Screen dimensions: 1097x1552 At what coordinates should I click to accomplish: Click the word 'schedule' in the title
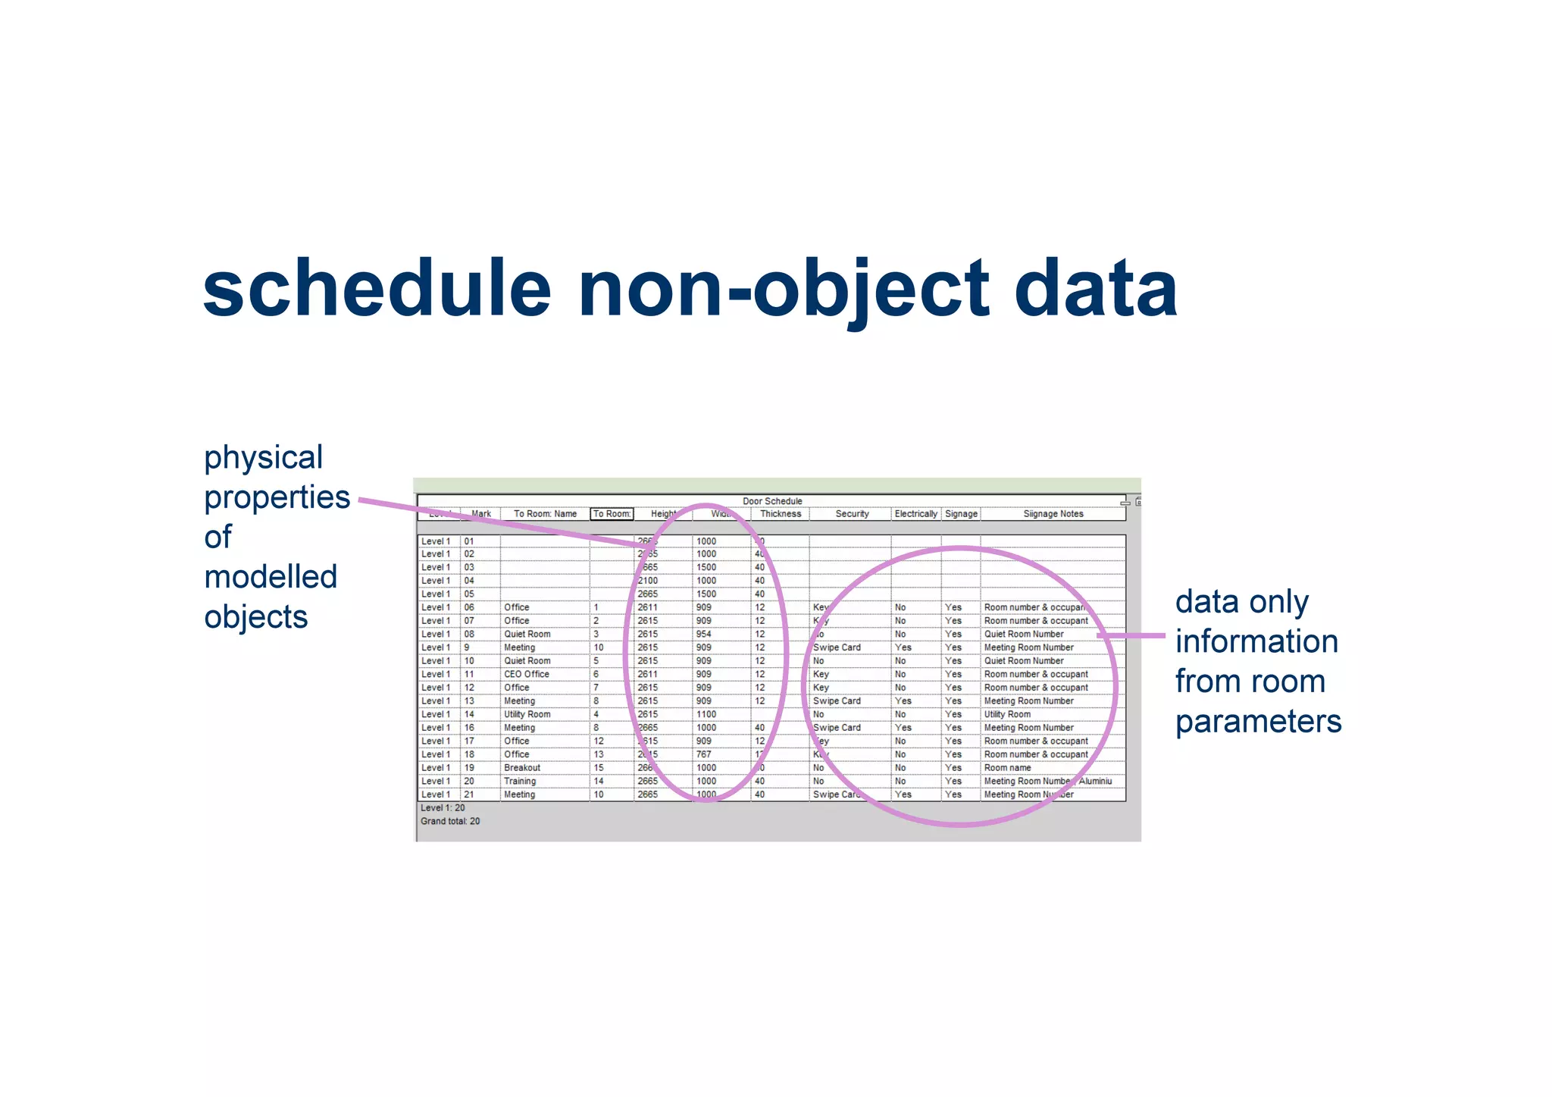[377, 289]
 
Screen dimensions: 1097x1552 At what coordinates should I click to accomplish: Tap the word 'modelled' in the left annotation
[271, 577]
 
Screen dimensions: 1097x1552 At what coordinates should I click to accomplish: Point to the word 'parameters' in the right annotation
[1258, 721]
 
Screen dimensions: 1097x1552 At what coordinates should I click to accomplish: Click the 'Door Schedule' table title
[771, 501]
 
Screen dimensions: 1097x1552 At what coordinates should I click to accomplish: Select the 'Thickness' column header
[780, 514]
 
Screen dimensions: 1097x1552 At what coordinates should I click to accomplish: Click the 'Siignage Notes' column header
[1053, 514]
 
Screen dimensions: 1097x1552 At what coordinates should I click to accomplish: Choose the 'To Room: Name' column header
[545, 514]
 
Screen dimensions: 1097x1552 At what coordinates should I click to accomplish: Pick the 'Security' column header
[852, 514]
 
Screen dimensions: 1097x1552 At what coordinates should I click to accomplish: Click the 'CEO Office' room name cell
[526, 674]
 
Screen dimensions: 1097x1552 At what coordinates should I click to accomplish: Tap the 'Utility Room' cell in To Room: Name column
[527, 714]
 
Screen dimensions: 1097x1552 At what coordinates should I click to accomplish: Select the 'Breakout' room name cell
[521, 768]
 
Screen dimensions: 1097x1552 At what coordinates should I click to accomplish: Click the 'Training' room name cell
[519, 781]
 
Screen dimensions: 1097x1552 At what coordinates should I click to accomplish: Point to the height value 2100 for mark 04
[647, 581]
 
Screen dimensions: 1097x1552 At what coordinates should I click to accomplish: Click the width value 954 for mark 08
[703, 634]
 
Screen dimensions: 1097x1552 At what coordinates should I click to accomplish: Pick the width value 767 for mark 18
[703, 754]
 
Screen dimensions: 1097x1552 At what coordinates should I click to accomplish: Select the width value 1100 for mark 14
[706, 714]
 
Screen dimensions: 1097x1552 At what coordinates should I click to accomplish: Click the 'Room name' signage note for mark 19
[1007, 768]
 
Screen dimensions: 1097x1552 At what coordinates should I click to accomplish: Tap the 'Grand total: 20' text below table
[449, 821]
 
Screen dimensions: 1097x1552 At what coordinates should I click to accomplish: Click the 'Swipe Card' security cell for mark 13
[836, 701]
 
